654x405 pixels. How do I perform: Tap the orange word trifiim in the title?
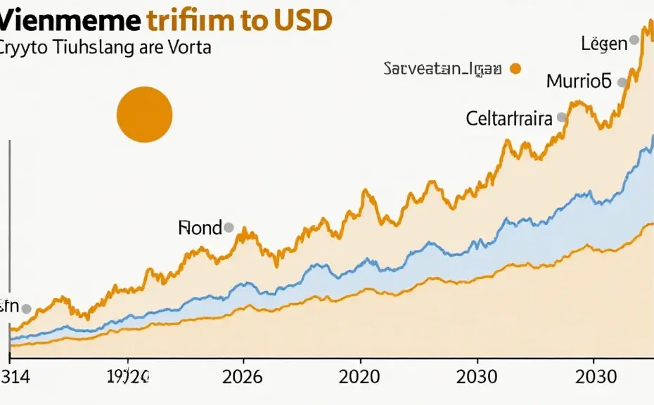click(191, 20)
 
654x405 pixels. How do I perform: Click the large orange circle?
click(144, 115)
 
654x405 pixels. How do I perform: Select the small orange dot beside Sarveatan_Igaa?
click(515, 68)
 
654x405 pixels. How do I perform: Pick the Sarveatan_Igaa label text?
click(442, 68)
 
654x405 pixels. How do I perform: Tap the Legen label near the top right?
click(603, 44)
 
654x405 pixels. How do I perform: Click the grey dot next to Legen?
click(634, 41)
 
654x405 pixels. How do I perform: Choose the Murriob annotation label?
click(579, 81)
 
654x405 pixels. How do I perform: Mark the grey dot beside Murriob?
click(622, 82)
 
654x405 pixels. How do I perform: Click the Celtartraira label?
click(509, 118)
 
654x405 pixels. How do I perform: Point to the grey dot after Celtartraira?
click(561, 117)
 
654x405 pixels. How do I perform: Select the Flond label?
click(200, 228)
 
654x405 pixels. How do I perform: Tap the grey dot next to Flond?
click(228, 227)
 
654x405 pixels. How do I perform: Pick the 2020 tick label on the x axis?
click(359, 375)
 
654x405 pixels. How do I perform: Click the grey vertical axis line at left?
click(9, 211)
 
